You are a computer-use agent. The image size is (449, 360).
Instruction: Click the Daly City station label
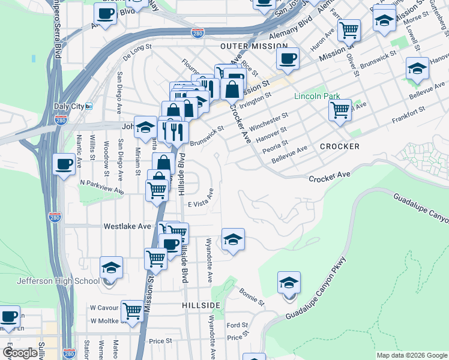(x=69, y=106)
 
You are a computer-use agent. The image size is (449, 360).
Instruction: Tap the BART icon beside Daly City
(x=89, y=106)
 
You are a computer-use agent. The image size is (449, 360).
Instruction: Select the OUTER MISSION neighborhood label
(x=247, y=46)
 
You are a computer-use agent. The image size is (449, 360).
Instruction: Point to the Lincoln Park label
(x=317, y=96)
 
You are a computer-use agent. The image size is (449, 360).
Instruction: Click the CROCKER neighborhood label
(x=340, y=146)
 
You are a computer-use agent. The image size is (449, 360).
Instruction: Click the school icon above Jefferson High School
(x=111, y=267)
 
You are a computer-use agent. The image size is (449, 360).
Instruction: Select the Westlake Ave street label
(x=127, y=227)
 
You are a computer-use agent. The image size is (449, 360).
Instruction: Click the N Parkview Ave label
(x=102, y=186)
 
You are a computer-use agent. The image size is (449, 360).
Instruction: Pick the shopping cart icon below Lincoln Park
(x=340, y=110)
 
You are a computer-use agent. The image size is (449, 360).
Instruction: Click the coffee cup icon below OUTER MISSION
(x=288, y=59)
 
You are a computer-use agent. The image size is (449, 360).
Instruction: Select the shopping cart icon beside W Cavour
(x=132, y=311)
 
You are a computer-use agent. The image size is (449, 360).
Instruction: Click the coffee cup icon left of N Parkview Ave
(x=64, y=164)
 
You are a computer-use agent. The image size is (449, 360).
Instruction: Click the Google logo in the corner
(x=20, y=353)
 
